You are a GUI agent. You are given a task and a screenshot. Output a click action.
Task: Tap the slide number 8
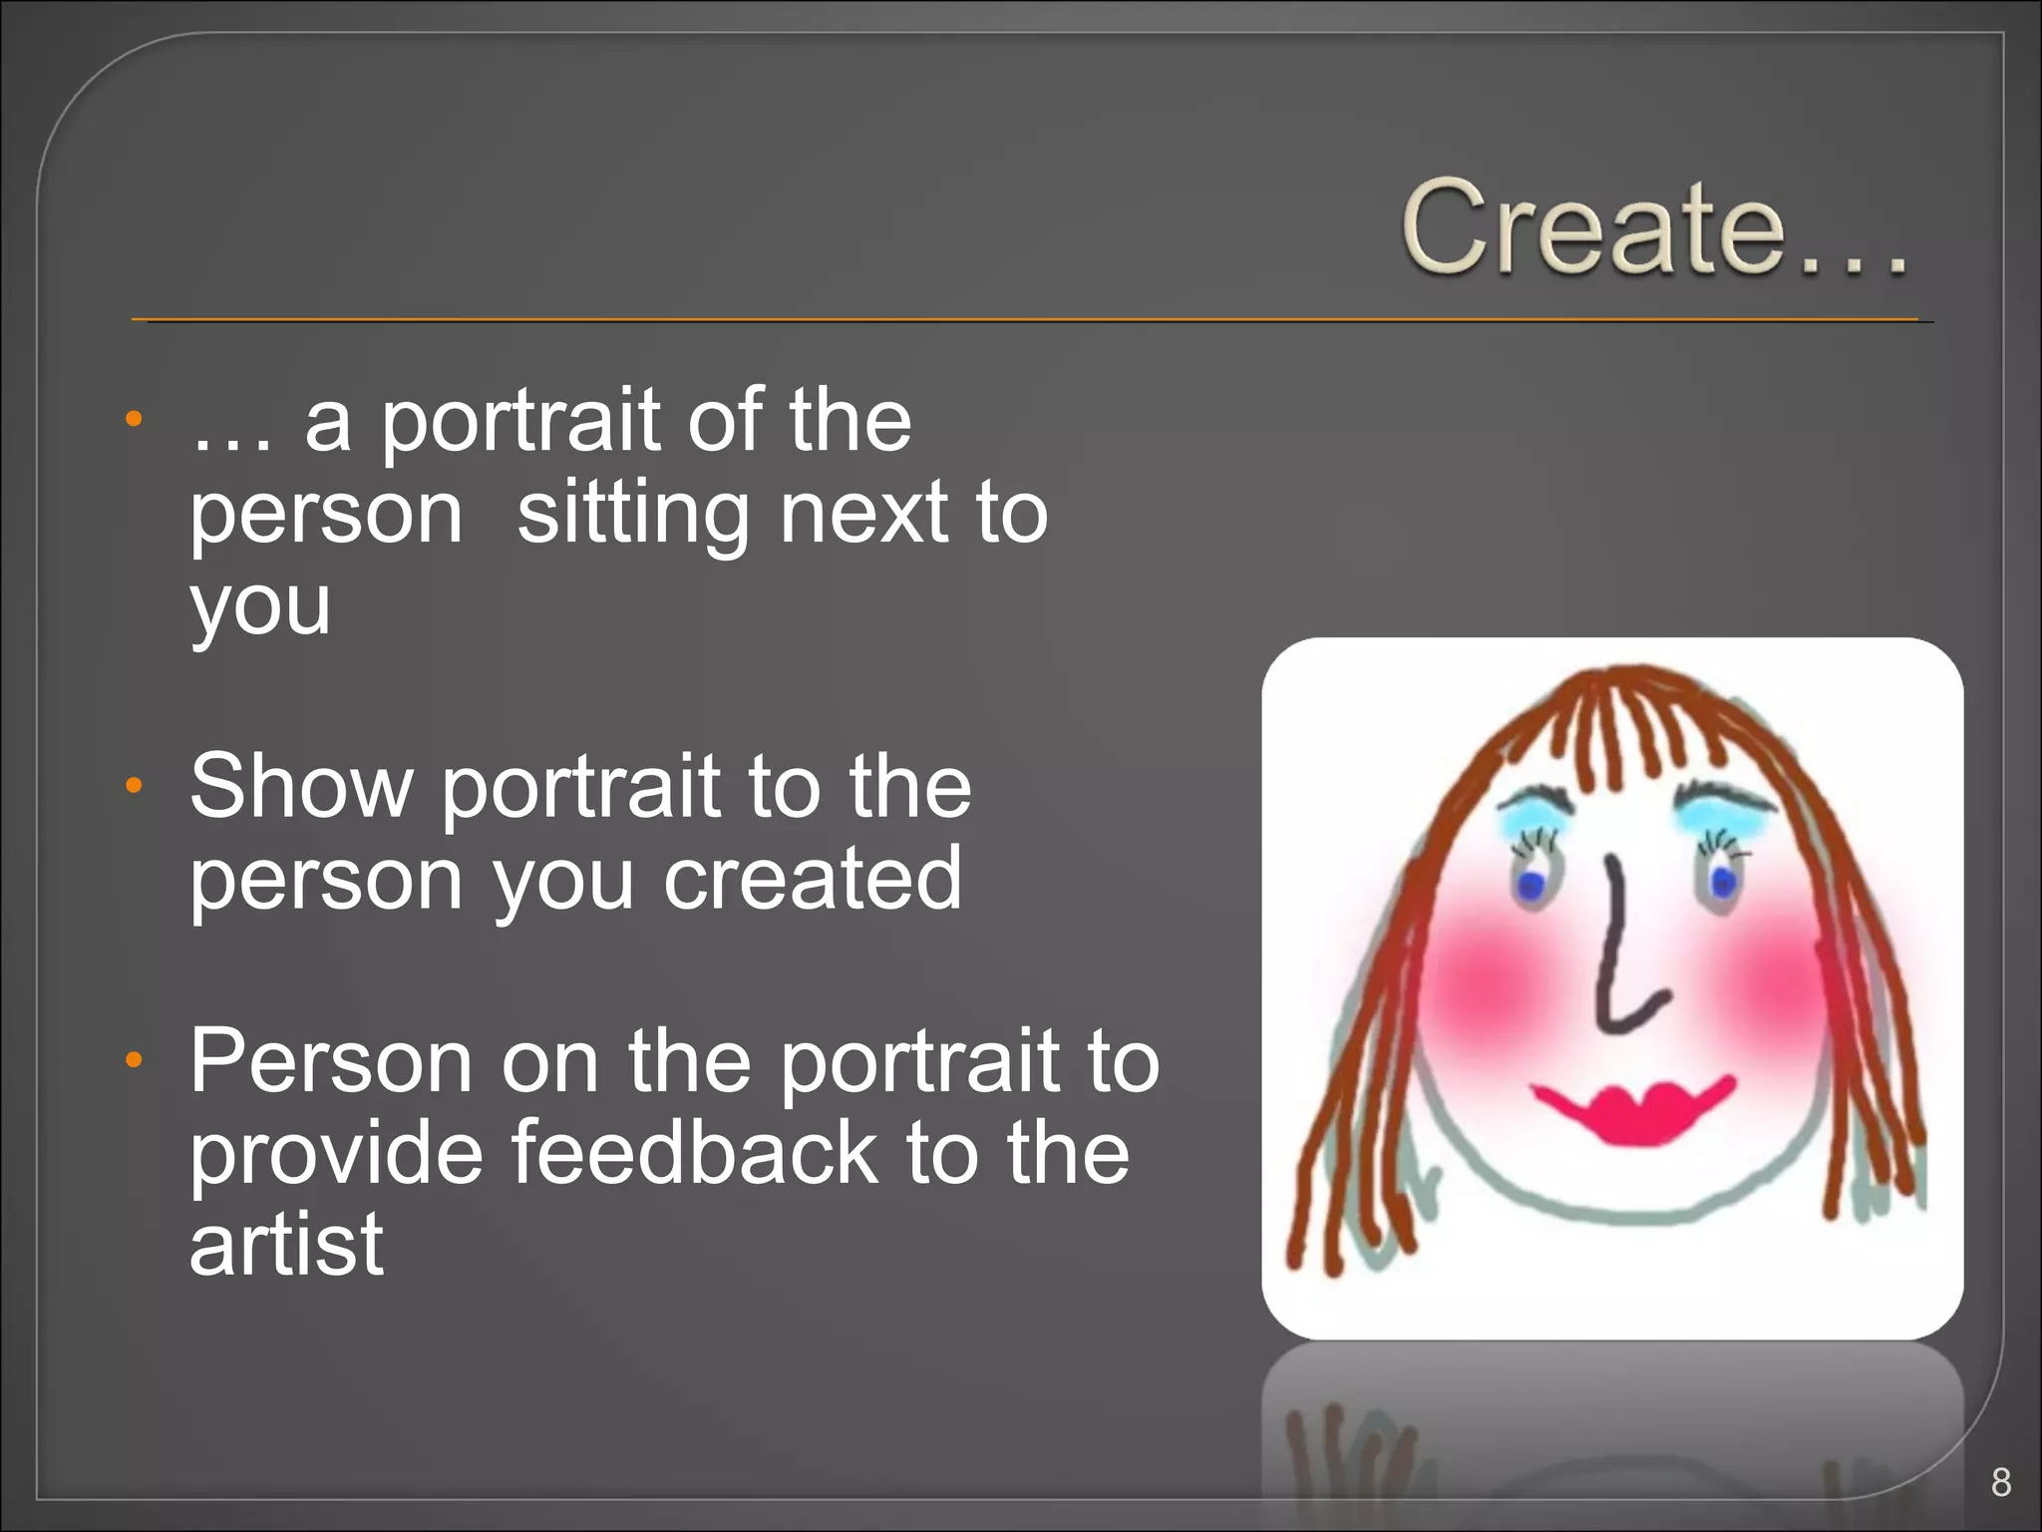[2000, 1482]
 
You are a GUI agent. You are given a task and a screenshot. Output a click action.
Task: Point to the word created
[813, 879]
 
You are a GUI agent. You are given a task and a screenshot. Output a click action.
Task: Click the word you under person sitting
[260, 606]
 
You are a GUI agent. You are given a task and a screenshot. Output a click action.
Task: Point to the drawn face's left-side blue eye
[1531, 884]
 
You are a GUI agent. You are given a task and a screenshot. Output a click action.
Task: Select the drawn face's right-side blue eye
[1722, 882]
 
